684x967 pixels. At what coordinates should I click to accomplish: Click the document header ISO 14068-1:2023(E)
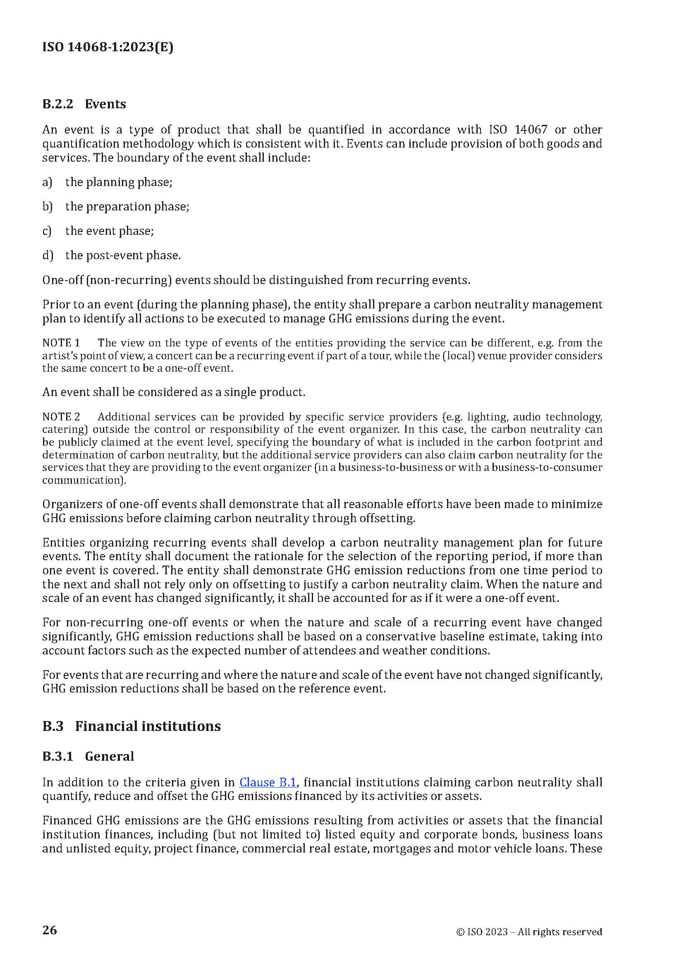[108, 47]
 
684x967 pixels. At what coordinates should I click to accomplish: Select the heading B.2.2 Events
[84, 104]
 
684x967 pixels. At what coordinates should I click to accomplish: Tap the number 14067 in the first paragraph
[530, 129]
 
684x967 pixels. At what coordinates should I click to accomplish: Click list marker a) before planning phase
[47, 182]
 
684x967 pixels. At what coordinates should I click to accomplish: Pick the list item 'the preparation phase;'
[127, 207]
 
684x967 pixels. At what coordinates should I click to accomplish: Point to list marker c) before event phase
[47, 231]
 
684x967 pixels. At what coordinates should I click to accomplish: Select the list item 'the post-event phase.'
[123, 255]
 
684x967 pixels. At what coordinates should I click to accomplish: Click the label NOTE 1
[61, 343]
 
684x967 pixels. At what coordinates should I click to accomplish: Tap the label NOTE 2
[61, 417]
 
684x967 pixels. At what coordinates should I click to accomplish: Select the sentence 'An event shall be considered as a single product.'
[174, 392]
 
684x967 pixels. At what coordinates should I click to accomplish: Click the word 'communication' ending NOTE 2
[83, 480]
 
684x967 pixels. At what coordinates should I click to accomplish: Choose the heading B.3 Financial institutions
[132, 726]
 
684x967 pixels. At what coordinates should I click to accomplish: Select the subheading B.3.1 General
[88, 757]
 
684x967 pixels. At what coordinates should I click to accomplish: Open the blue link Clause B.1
[268, 783]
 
